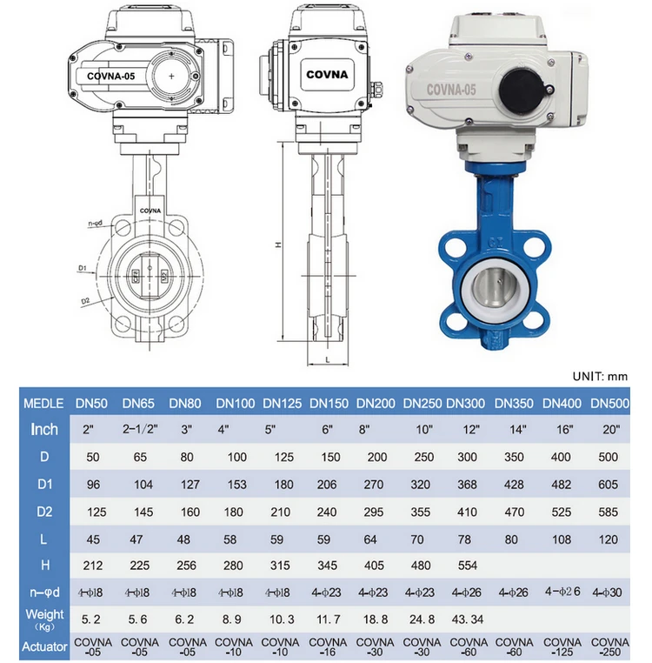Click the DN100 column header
236,404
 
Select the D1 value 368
467,485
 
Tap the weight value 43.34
468,619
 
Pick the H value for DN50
92,566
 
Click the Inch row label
44,430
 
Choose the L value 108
561,539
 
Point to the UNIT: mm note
600,377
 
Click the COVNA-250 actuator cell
609,646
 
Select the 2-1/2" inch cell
140,430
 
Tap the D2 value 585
608,512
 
